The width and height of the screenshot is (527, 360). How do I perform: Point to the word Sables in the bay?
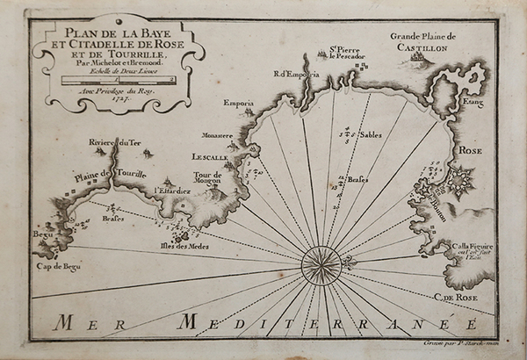click(370, 136)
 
